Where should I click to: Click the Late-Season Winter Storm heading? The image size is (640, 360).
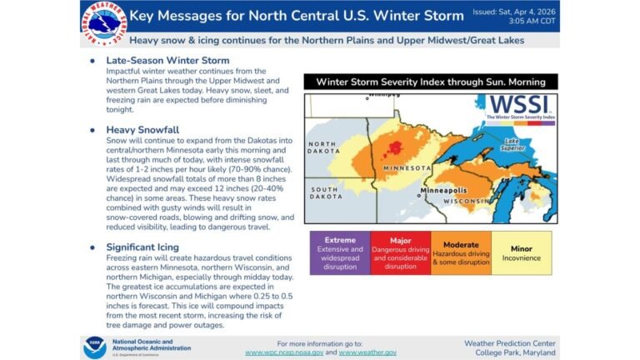pyautogui.click(x=167, y=61)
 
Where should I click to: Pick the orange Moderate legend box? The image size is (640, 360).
pyautogui.click(x=460, y=252)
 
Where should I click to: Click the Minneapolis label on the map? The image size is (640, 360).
pyautogui.click(x=449, y=189)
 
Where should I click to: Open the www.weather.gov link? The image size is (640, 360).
pyautogui.click(x=367, y=352)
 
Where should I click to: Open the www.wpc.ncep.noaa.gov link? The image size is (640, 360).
pyautogui.click(x=284, y=352)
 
